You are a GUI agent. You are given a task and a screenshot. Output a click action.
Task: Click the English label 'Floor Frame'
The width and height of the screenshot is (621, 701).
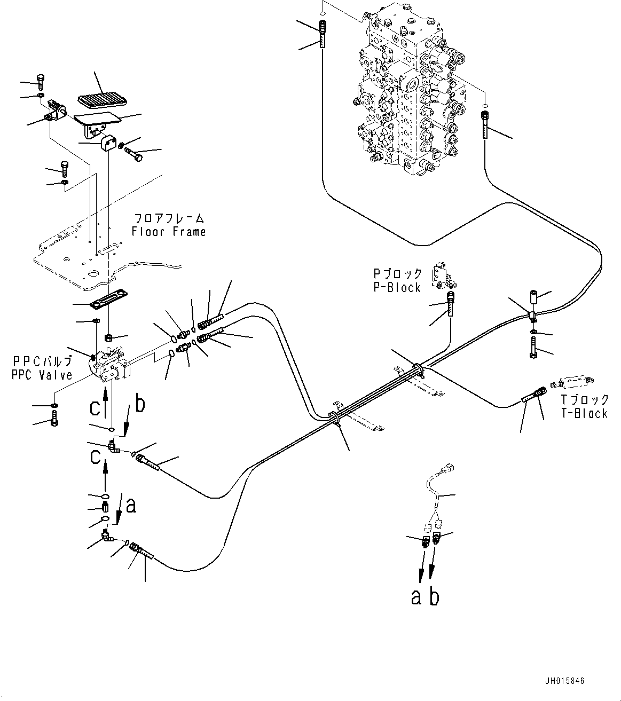point(169,232)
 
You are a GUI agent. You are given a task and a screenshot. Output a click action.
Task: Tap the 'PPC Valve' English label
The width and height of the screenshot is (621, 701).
point(42,375)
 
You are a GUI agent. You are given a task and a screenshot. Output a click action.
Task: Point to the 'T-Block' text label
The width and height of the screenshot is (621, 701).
point(584,413)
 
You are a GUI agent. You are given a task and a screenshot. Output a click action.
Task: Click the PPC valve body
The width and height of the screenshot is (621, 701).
point(109,366)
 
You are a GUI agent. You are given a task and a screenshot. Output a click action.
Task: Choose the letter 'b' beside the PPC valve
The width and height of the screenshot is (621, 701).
point(139,404)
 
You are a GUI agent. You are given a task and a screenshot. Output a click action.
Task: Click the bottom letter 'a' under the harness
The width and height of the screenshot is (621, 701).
point(416,597)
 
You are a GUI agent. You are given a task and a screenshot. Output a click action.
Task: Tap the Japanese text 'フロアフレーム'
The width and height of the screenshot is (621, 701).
point(169,218)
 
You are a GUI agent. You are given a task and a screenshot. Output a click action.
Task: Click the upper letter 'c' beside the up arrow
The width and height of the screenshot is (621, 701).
point(95,408)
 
